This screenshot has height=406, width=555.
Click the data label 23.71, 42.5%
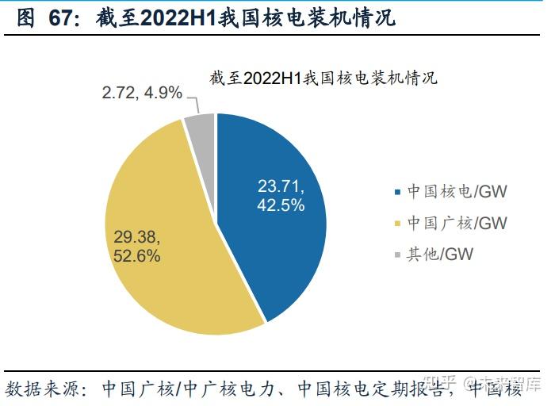point(280,195)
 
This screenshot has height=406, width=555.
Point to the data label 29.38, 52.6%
point(137,247)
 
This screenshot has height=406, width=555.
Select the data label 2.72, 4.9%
point(142,93)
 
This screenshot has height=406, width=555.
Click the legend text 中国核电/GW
point(457,193)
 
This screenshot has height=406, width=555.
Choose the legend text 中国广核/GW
point(457,224)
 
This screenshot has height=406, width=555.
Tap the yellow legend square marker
point(397,224)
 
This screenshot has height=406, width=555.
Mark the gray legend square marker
point(397,255)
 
